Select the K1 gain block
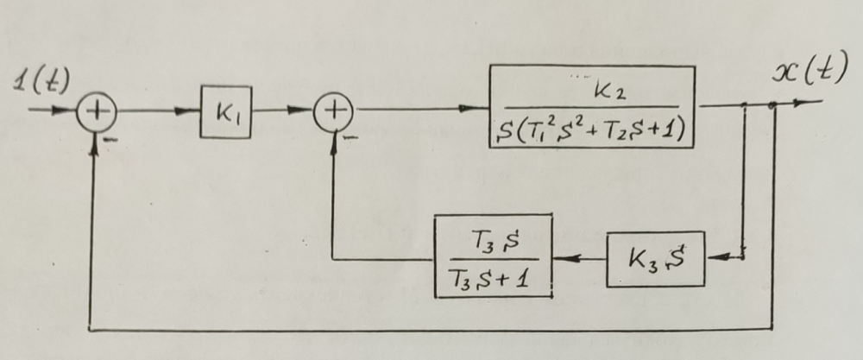(225, 112)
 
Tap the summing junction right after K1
(337, 111)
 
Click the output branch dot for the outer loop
(774, 105)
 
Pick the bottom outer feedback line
(431, 330)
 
